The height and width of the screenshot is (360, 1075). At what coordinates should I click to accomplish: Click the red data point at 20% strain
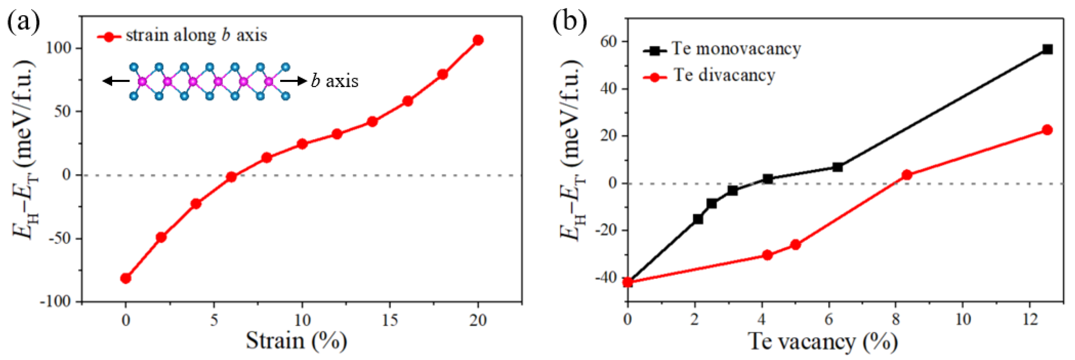point(478,40)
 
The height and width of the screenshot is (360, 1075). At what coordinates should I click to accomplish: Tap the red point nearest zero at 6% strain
point(231,177)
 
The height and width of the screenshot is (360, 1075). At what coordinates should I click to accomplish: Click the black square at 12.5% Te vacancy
point(1047,49)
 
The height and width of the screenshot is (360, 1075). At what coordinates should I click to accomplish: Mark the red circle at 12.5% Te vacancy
point(1047,130)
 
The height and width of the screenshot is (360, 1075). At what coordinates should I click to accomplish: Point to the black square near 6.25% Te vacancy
point(837,167)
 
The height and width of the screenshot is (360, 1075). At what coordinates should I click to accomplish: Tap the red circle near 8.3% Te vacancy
point(907,175)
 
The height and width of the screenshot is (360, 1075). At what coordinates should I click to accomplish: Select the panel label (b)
point(570,22)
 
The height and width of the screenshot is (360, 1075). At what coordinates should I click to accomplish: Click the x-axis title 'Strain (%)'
point(296,341)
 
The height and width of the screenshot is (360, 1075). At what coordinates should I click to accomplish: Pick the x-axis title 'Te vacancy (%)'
point(822,342)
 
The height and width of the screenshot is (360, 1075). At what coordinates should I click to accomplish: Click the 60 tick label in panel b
point(609,42)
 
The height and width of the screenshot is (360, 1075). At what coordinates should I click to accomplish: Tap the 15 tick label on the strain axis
point(390,320)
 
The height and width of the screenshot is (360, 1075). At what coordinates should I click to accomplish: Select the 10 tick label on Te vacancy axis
point(963,319)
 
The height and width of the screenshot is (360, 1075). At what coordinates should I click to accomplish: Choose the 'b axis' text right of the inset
point(335,81)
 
